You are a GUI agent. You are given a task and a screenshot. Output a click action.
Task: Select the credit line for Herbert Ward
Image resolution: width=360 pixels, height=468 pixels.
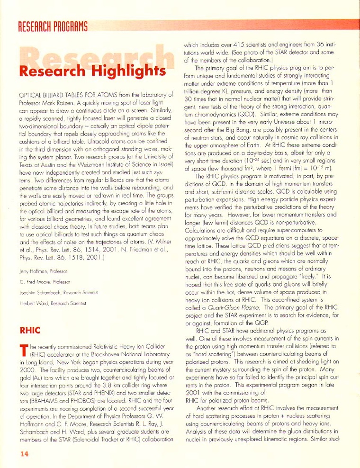pos(46,303)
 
